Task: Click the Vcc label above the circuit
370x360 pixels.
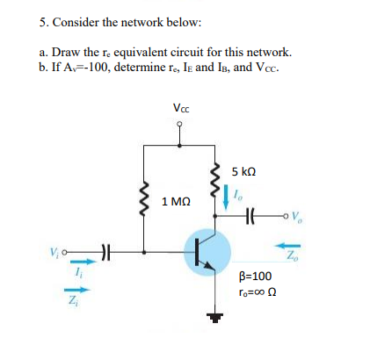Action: pos(181,108)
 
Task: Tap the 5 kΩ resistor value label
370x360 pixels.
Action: pos(243,171)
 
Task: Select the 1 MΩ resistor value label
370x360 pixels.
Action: pos(176,201)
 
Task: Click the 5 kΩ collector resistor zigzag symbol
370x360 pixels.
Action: pos(216,179)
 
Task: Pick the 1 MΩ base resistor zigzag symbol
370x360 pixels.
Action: pos(143,199)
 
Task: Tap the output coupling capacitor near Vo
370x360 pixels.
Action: pos(251,216)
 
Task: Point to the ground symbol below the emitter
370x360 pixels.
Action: pos(215,317)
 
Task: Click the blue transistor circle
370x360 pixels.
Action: pos(207,252)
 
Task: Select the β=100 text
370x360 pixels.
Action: pos(256,276)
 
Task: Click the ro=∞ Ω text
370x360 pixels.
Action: pos(258,292)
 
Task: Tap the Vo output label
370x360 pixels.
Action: pos(297,216)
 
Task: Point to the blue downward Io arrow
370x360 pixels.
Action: pos(226,197)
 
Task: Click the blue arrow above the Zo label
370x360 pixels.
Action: pos(287,246)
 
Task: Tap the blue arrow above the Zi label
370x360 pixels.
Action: pos(77,290)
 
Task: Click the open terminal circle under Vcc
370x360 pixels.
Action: pos(179,125)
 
